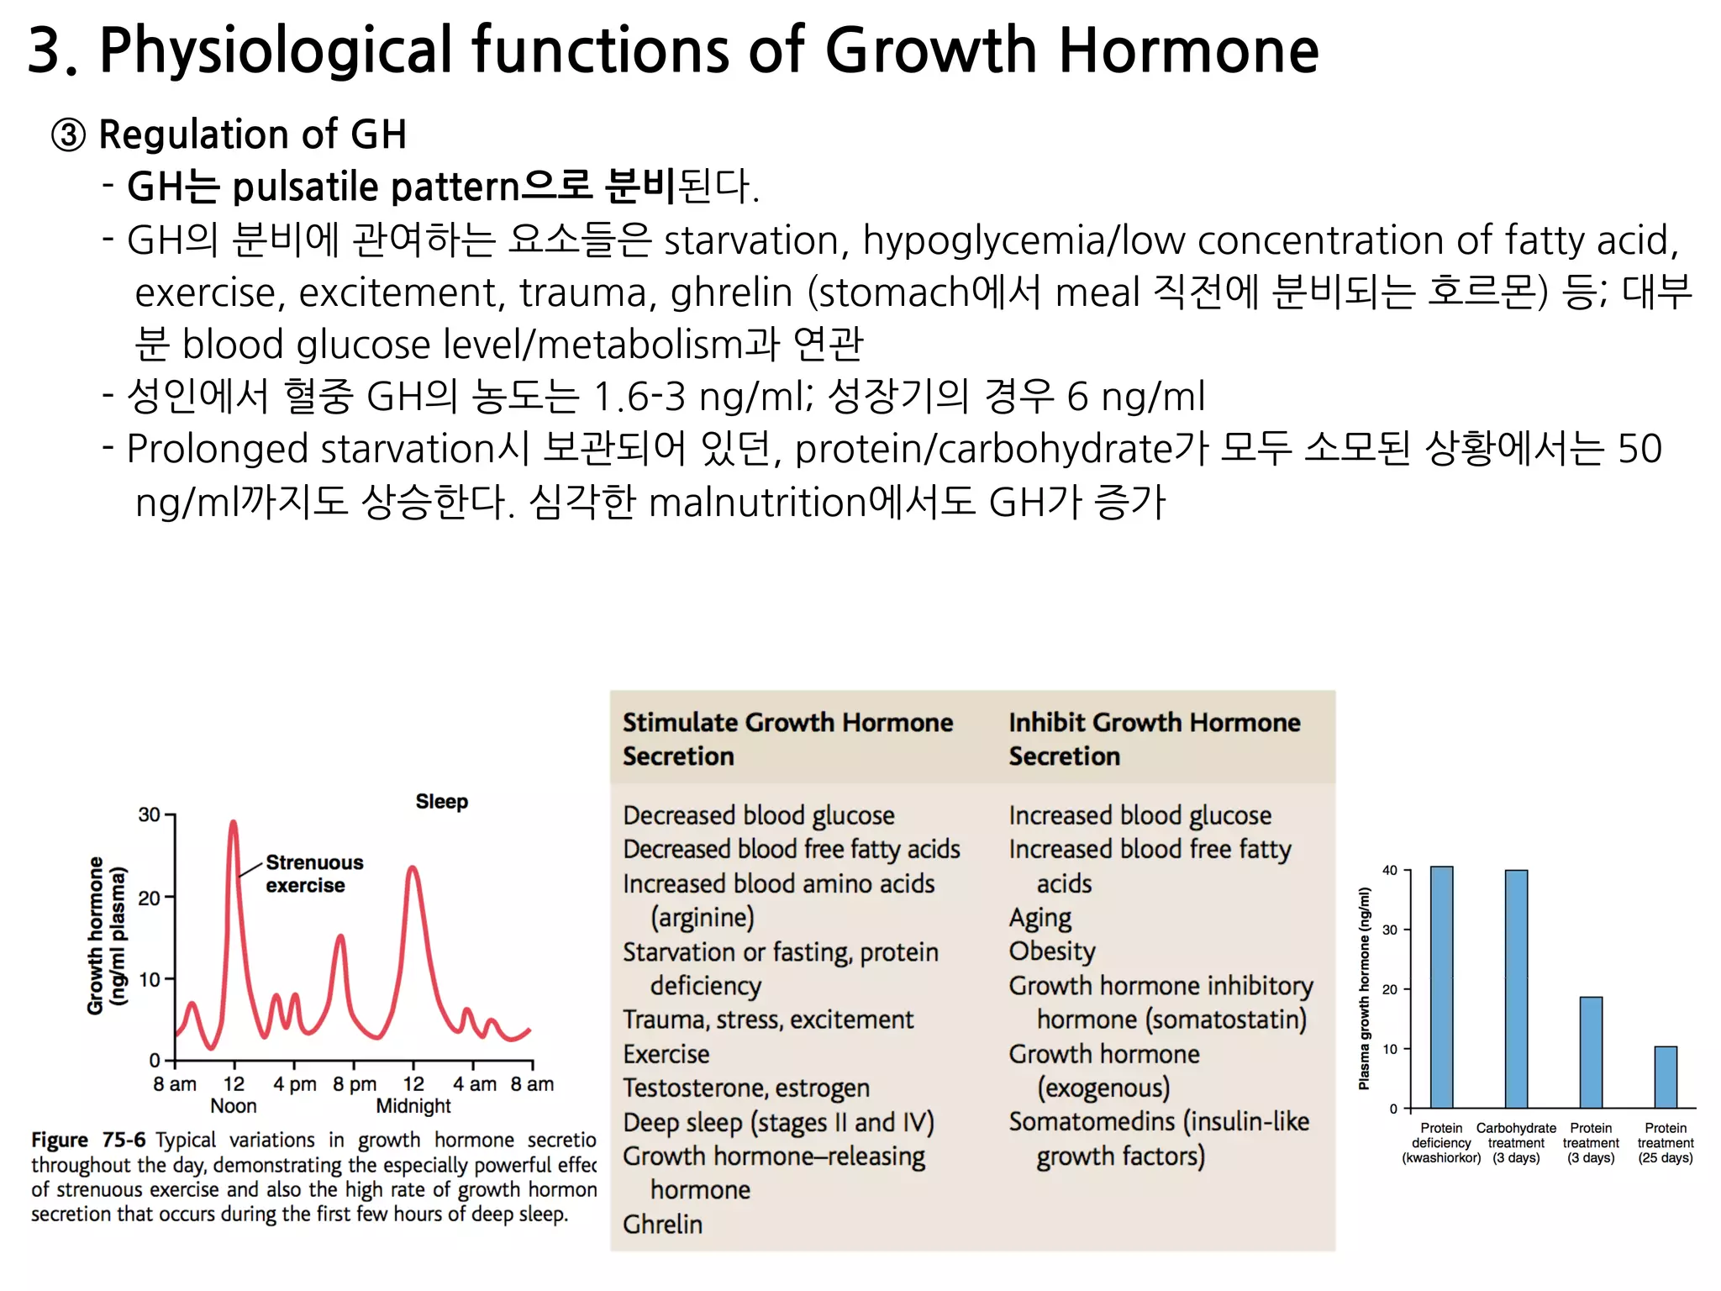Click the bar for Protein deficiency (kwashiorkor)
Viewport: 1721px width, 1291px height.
click(x=1441, y=987)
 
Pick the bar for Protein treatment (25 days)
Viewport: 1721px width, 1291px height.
click(x=1666, y=1077)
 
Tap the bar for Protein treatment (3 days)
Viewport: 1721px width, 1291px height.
click(x=1591, y=1052)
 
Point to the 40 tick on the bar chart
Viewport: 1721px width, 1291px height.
click(x=1390, y=870)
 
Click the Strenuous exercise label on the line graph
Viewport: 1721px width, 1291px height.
click(x=313, y=873)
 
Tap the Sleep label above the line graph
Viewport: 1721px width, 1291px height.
click(x=441, y=801)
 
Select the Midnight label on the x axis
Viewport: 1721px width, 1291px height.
click(x=413, y=1105)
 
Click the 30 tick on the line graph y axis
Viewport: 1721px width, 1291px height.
click(x=149, y=814)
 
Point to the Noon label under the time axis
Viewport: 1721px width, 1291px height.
click(x=233, y=1105)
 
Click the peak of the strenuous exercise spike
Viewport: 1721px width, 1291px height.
click(x=233, y=823)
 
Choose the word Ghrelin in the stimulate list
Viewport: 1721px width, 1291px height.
click(x=662, y=1224)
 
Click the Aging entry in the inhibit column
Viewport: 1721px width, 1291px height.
click(x=1040, y=917)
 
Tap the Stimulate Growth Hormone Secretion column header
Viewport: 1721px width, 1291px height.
click(x=787, y=739)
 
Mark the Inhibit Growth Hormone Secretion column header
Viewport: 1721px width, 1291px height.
click(x=1154, y=739)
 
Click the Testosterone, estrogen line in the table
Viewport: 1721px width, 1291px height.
click(x=746, y=1088)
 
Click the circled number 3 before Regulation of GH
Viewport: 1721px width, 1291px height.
click(x=68, y=134)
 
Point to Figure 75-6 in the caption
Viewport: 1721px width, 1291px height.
click(x=88, y=1140)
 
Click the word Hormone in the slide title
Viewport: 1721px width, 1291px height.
click(x=1188, y=50)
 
